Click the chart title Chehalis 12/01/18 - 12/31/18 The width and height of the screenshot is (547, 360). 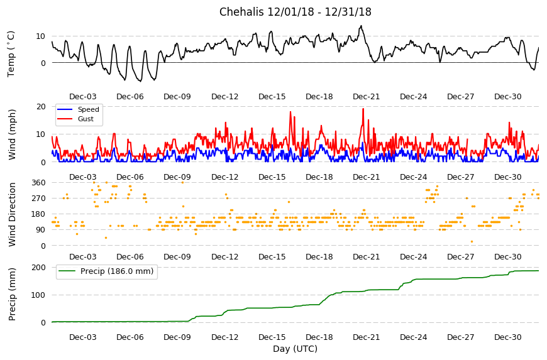coord(295,12)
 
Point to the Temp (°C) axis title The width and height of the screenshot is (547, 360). coord(11,54)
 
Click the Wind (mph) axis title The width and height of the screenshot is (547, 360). coord(12,134)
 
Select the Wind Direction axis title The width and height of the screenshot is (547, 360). coord(12,214)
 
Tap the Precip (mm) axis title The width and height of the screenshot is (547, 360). coord(12,294)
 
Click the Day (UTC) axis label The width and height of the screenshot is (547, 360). coord(295,349)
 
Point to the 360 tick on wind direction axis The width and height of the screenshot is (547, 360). coord(38,183)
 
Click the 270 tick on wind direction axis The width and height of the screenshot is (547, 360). coord(38,199)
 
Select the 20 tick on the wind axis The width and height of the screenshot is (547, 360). coord(41,107)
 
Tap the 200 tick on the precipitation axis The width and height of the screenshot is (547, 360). coord(38,267)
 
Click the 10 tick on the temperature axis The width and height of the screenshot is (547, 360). coord(41,36)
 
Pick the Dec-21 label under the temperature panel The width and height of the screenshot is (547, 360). coord(367,97)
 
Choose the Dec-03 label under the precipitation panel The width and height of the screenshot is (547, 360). coord(82,337)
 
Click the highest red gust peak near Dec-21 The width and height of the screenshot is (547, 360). coord(363,109)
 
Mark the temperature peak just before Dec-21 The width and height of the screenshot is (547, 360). coord(361,26)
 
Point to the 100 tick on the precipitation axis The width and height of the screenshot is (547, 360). coord(38,295)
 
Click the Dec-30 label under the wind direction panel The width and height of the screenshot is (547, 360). coord(508,257)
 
